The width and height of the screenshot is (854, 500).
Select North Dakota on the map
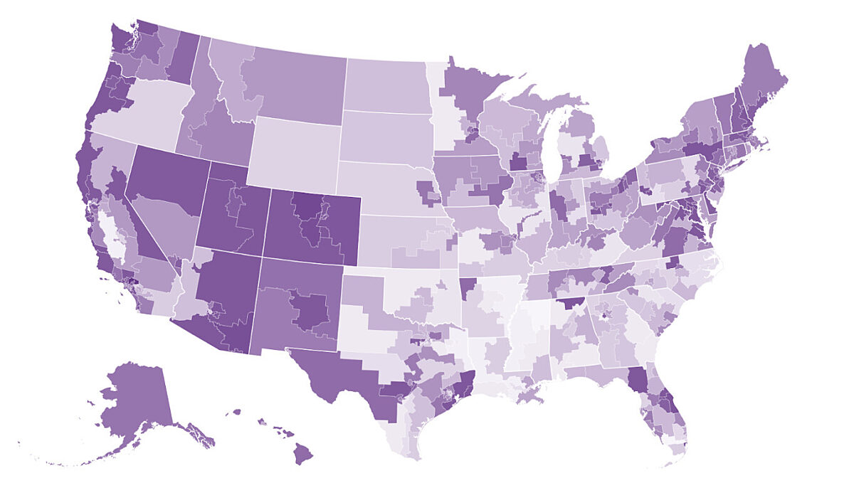388,85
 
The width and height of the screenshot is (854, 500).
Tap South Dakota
384,135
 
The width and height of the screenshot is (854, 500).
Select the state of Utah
235,213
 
